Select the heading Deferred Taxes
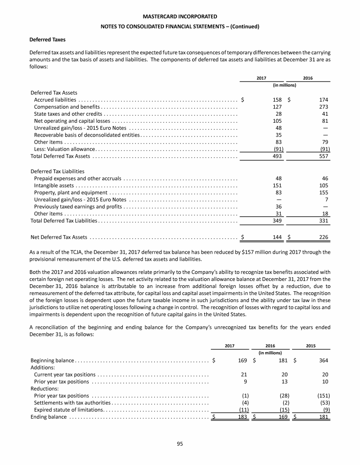[x=46, y=39]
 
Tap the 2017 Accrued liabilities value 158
[x=277, y=100]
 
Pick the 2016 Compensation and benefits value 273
[x=322, y=107]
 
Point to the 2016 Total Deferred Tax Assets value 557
[x=322, y=156]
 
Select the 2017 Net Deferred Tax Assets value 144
[x=277, y=237]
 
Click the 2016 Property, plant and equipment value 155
[x=322, y=192]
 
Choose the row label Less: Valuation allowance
[x=65, y=149]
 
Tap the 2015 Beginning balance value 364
[x=322, y=360]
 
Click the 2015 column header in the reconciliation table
[x=310, y=346]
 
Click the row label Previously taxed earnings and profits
[x=78, y=207]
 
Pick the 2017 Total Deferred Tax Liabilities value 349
[x=277, y=221]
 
